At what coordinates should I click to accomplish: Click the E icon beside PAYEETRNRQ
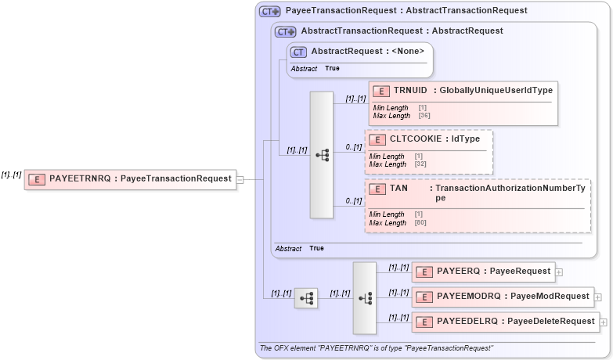[x=36, y=179]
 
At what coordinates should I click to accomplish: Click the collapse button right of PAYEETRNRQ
[x=240, y=179]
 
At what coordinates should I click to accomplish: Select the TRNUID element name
[x=410, y=90]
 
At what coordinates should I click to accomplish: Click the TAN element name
[x=398, y=189]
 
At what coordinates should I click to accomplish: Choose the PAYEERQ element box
[x=483, y=272]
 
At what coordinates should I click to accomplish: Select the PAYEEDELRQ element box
[x=505, y=322]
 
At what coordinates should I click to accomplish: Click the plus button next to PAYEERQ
[x=559, y=272]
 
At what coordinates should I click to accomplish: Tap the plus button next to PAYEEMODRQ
[x=597, y=297]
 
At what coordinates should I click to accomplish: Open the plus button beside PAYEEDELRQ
[x=603, y=322]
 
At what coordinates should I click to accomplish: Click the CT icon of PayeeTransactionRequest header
[x=270, y=12]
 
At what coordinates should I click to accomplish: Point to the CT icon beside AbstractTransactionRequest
[x=285, y=32]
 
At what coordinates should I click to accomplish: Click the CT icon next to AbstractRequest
[x=298, y=52]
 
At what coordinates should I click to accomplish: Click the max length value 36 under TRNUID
[x=424, y=115]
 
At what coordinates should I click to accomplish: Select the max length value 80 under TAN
[x=420, y=223]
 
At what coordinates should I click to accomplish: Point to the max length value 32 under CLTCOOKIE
[x=420, y=164]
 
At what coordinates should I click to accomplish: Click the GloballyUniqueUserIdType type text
[x=496, y=90]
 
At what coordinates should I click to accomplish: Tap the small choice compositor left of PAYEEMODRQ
[x=306, y=297]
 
